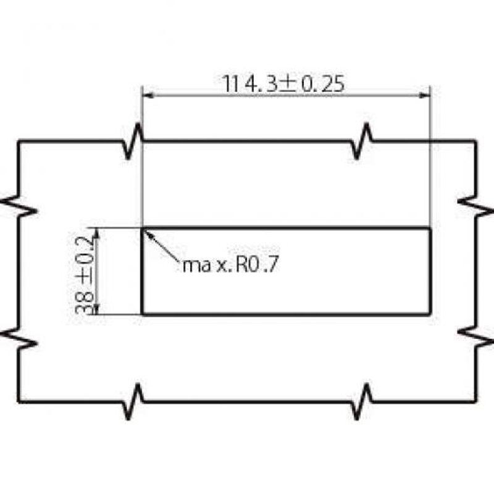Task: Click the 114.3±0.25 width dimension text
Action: pos(283,83)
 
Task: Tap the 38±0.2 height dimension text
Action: pos(84,275)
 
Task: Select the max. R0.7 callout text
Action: pos(230,264)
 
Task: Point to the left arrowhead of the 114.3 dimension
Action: pos(148,95)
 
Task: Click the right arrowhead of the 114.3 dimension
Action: pos(425,95)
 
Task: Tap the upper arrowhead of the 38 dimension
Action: pos(97,233)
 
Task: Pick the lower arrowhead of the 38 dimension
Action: pos(97,309)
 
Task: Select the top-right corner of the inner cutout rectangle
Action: pos(430,227)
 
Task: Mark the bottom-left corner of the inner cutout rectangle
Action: pos(143,314)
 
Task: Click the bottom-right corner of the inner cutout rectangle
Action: pos(430,314)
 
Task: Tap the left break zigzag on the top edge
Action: pos(133,141)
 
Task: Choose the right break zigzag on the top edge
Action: pos(361,141)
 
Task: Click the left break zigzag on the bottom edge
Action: pos(133,402)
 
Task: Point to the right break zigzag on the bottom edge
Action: pos(361,402)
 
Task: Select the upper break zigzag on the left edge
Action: pos(19,206)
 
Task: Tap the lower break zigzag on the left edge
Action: pos(19,338)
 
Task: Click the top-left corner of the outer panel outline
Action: pos(19,141)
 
